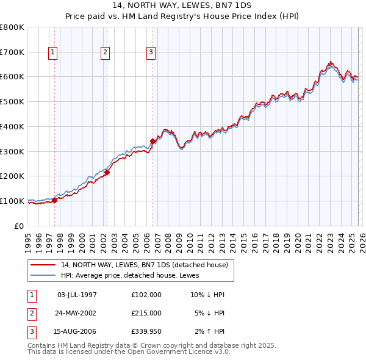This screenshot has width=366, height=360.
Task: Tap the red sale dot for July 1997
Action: click(54, 200)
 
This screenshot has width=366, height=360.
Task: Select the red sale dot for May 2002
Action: click(107, 172)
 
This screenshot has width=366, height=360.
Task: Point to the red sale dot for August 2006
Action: click(152, 141)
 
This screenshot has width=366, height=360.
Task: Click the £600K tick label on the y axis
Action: click(12, 77)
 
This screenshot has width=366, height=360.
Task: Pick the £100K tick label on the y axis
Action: click(12, 201)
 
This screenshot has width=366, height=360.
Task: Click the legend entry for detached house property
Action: click(144, 265)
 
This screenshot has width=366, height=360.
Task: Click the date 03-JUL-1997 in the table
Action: click(77, 295)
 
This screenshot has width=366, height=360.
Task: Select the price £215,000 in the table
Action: click(146, 313)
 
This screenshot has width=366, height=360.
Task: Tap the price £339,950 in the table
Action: click(146, 331)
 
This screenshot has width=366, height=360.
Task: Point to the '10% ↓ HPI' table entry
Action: click(207, 295)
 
